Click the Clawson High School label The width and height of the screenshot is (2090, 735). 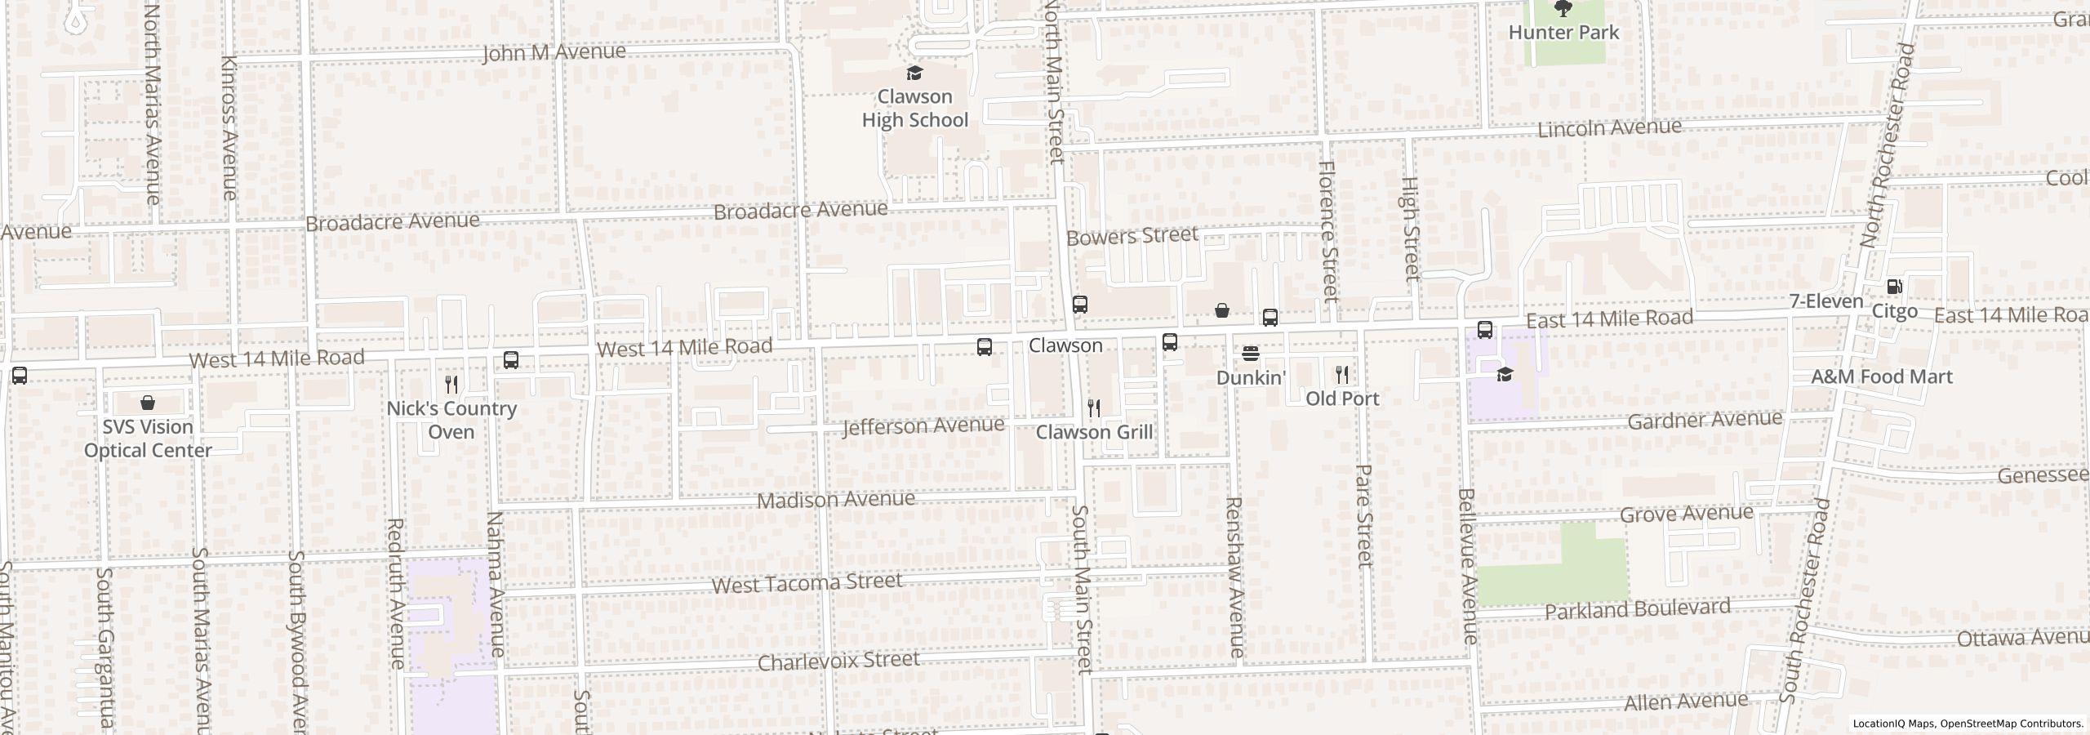914,109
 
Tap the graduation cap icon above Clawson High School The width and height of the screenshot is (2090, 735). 915,73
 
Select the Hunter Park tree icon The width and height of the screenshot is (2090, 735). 1563,9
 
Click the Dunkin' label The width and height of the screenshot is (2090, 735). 1251,378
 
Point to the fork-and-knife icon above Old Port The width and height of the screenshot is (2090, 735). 1342,375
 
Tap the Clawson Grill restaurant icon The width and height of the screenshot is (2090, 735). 1094,408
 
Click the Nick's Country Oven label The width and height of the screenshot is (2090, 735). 451,420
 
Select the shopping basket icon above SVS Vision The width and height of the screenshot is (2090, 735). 148,403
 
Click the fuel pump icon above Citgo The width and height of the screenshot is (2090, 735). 1894,287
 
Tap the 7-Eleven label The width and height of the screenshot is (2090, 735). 1826,301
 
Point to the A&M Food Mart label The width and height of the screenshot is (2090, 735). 1881,376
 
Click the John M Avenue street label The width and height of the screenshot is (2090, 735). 554,53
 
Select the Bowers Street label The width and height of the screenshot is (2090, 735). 1132,236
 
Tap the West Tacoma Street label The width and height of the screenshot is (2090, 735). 807,583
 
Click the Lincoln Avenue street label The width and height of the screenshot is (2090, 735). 1608,128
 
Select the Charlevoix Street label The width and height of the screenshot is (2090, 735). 838,661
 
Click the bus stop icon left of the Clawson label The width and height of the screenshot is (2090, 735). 985,347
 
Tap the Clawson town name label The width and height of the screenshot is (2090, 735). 1065,345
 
